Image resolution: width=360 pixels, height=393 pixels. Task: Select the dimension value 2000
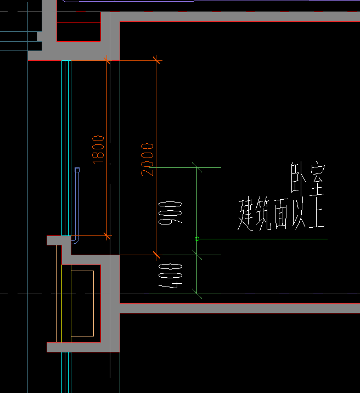pyautogui.click(x=147, y=159)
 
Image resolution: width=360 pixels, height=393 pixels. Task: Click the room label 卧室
pyautogui.click(x=308, y=180)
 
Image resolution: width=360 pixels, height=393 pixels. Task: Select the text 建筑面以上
pyautogui.click(x=281, y=215)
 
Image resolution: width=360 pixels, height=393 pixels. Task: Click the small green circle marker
pyautogui.click(x=197, y=239)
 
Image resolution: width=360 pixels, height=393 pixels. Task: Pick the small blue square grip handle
pyautogui.click(x=77, y=170)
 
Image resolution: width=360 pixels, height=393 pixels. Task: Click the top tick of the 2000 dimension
pyautogui.click(x=156, y=60)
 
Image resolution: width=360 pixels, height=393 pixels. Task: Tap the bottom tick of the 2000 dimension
pyautogui.click(x=156, y=255)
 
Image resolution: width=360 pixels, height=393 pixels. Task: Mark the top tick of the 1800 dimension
pyautogui.click(x=106, y=60)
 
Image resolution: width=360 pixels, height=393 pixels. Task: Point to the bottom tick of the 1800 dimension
pyautogui.click(x=106, y=237)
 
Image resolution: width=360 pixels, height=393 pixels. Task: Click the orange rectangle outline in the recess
pyautogui.click(x=82, y=304)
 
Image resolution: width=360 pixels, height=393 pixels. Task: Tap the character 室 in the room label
pyautogui.click(x=316, y=180)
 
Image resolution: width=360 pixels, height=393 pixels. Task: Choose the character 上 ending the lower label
pyautogui.click(x=317, y=215)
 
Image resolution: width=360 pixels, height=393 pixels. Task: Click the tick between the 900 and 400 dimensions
pyautogui.click(x=197, y=255)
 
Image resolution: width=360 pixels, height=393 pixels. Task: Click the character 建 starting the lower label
pyautogui.click(x=245, y=215)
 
